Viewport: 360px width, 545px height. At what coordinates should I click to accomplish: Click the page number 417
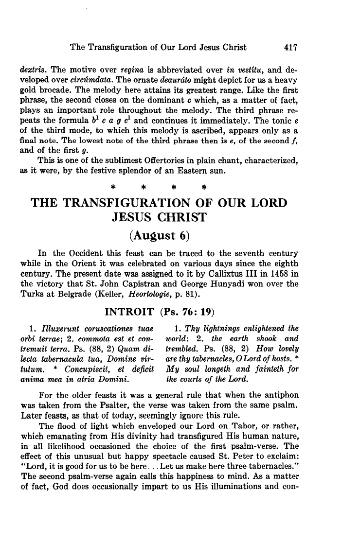(x=288, y=47)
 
